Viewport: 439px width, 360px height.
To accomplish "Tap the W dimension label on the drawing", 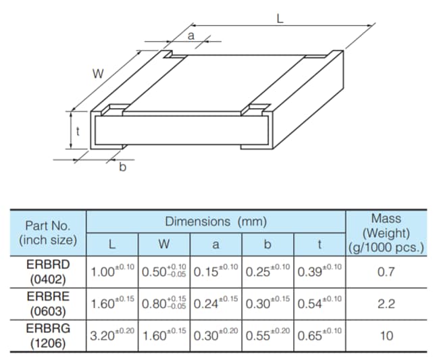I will click(98, 74).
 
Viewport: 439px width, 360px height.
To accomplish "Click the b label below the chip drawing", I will click(122, 167).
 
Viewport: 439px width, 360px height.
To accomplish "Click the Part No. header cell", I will click(48, 232).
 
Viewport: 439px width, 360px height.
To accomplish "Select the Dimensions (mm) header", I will click(216, 221).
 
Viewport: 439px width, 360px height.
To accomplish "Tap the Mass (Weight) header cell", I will click(386, 232).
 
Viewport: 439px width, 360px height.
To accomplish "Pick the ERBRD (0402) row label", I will click(48, 272).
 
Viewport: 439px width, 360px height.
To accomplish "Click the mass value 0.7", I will click(386, 272).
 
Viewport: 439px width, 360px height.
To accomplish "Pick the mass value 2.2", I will click(386, 304).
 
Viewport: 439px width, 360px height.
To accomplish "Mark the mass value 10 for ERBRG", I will click(386, 336).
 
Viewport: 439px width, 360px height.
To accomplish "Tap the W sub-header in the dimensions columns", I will click(164, 244).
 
